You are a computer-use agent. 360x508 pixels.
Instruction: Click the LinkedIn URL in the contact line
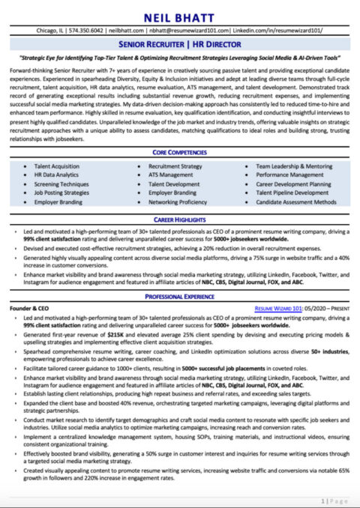click(x=280, y=31)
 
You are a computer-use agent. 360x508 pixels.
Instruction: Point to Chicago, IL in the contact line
click(x=52, y=31)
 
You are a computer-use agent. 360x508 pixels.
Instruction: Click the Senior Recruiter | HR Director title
click(x=179, y=46)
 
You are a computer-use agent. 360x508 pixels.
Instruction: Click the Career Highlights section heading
click(x=179, y=221)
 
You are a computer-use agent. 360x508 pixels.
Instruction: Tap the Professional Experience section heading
click(x=179, y=297)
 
